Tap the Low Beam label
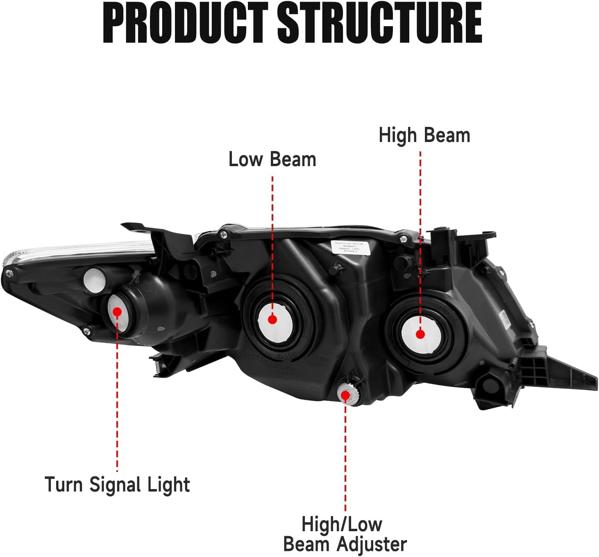point(272,159)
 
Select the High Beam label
point(424,135)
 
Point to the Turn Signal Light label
point(117,485)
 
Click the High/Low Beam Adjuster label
point(345,534)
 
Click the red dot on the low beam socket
point(272,319)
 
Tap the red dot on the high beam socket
point(420,334)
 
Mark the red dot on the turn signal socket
point(117,311)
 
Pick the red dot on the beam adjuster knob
point(345,395)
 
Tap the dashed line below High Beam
point(420,237)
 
